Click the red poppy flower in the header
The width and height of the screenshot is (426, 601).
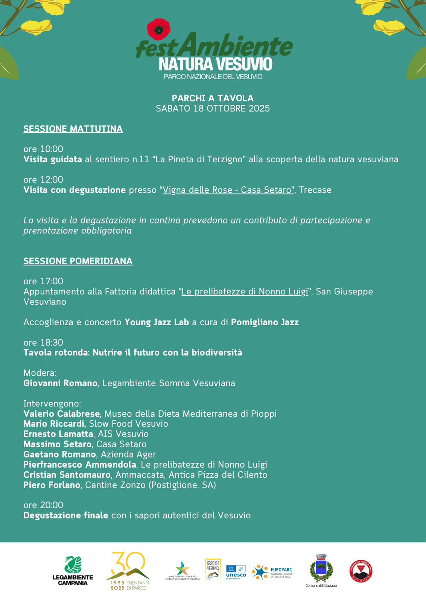[158, 29]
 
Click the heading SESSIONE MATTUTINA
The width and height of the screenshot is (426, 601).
[73, 129]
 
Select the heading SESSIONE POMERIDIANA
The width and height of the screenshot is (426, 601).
[78, 261]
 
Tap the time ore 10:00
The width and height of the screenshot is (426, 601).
[43, 149]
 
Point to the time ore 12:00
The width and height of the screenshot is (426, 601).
[43, 180]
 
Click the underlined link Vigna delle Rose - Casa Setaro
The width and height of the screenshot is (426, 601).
[228, 190]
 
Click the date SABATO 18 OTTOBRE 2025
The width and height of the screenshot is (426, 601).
[213, 109]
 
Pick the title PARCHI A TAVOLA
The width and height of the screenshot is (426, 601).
[213, 98]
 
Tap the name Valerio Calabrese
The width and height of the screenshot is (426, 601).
[62, 414]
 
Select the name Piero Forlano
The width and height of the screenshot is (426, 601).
[52, 485]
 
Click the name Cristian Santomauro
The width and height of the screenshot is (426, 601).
[67, 475]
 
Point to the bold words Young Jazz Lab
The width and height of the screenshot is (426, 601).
[157, 322]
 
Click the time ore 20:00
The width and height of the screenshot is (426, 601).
[43, 505]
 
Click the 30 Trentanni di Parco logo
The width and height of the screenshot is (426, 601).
[128, 571]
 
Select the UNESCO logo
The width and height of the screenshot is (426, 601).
[236, 572]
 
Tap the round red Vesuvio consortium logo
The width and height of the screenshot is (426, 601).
[361, 571]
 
